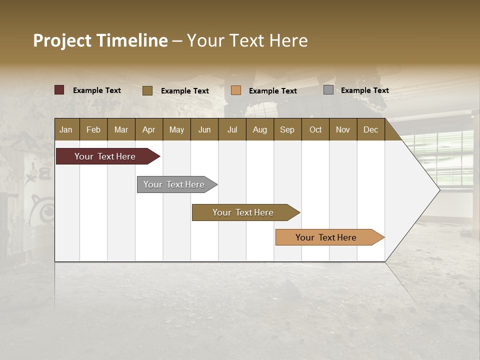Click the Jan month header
(66, 129)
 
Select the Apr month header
(148, 129)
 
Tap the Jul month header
(232, 129)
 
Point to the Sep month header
(287, 129)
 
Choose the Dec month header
(370, 129)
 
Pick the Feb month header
(93, 129)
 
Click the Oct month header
(315, 129)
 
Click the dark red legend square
(59, 90)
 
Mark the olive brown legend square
(147, 90)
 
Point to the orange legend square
(236, 90)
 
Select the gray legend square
(328, 90)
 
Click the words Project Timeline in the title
(100, 40)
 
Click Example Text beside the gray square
(364, 90)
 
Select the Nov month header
(342, 129)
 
